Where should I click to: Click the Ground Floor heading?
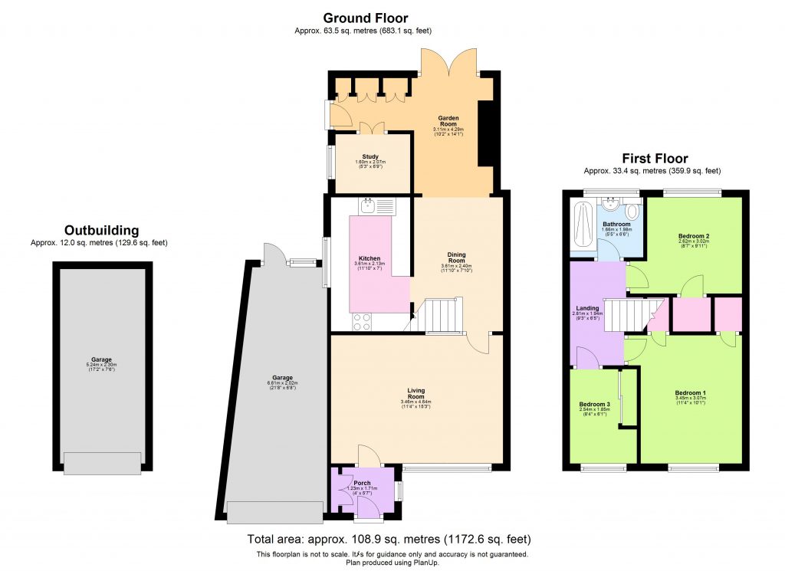[x=365, y=18]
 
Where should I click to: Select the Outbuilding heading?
[x=101, y=230]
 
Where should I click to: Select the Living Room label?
[x=415, y=393]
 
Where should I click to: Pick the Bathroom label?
[x=616, y=225]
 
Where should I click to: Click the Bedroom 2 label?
[x=693, y=235]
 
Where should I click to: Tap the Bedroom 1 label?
[x=691, y=393]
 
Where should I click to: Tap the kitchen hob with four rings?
[x=361, y=322]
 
